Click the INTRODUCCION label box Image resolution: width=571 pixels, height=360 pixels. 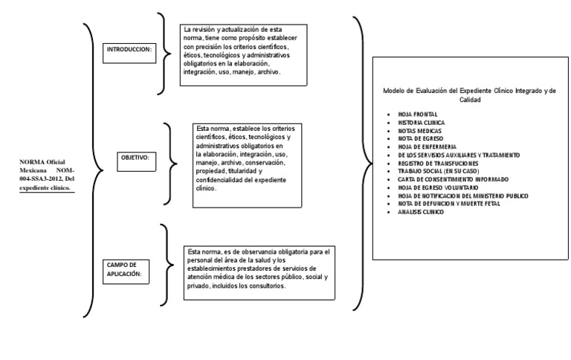(129, 49)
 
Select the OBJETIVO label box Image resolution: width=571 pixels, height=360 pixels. (135, 158)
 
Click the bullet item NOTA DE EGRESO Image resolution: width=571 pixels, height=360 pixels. (417, 138)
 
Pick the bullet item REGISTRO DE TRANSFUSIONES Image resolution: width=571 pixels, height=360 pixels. (438, 163)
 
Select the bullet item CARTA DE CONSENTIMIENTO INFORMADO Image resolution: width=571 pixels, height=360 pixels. (454, 179)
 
